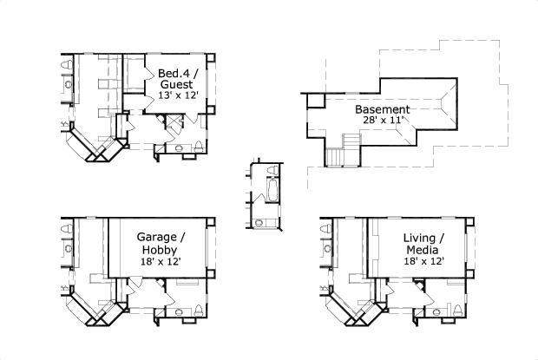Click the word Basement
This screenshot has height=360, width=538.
[382, 110]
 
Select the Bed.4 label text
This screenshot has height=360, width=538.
[174, 73]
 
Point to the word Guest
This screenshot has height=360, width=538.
[176, 84]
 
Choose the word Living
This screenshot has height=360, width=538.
[424, 237]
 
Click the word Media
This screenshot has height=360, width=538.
[423, 249]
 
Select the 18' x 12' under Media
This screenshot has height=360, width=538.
[423, 261]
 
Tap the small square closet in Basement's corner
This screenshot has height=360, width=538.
[315, 101]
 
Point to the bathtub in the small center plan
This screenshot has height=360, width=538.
[269, 191]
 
